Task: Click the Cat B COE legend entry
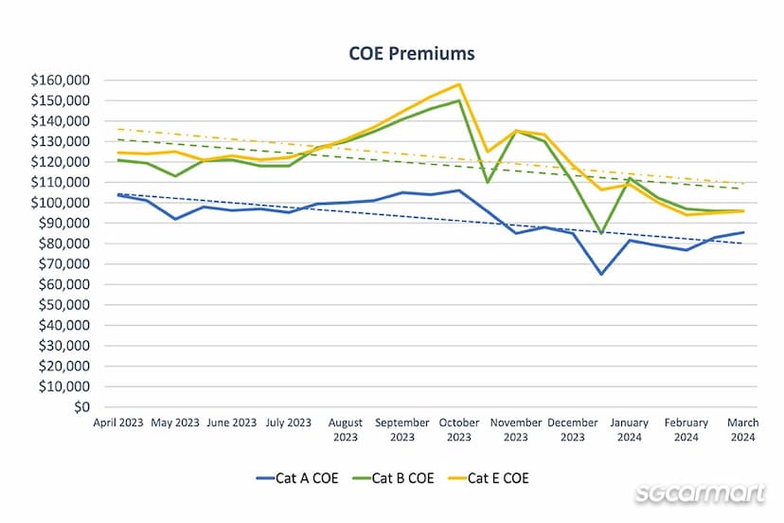[392, 478]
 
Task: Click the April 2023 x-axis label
[117, 423]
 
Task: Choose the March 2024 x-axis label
[743, 429]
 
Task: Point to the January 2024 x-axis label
[629, 429]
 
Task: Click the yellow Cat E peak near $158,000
[459, 84]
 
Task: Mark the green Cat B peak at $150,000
[459, 100]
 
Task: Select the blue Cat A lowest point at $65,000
[601, 274]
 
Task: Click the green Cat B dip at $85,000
[601, 233]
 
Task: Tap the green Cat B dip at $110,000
[488, 182]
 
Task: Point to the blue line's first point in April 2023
[117, 194]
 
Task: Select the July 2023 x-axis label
[288, 423]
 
